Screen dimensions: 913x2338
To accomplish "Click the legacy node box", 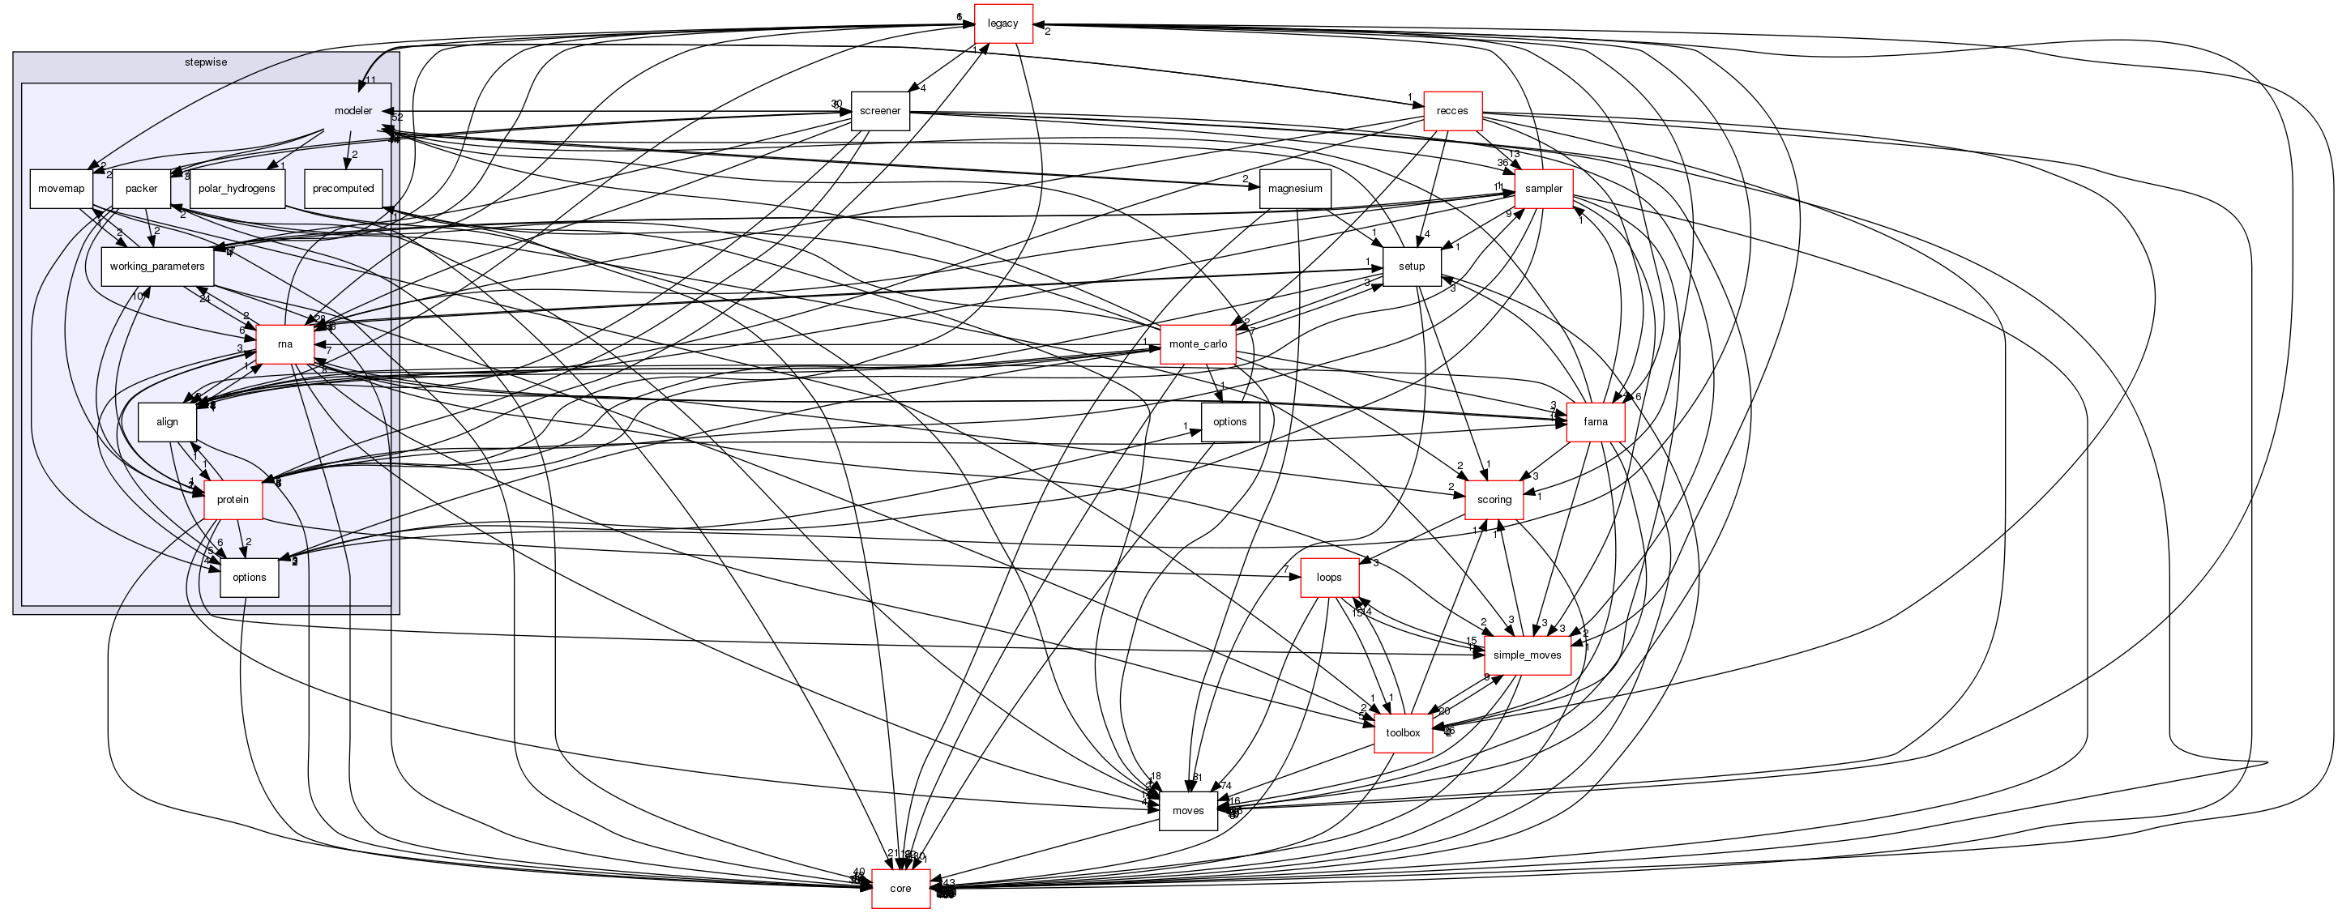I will (x=1003, y=23).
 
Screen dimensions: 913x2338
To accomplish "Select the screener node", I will (x=879, y=111).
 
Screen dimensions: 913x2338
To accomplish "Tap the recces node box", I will (x=1452, y=111).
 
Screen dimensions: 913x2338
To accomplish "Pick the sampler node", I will (x=1543, y=189).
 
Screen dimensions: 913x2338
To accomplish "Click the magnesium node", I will (x=1294, y=189).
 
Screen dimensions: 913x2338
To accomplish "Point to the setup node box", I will (x=1412, y=267).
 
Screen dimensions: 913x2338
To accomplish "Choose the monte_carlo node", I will (x=1197, y=344).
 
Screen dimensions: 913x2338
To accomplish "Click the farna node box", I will (x=1595, y=422).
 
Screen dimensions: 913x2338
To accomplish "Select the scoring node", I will (x=1493, y=500).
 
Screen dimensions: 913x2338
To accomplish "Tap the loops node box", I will (x=1329, y=577).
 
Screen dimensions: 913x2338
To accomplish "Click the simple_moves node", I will (x=1527, y=655).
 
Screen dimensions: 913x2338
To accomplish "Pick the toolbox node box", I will (x=1402, y=733).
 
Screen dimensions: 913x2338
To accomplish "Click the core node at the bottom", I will (x=900, y=889).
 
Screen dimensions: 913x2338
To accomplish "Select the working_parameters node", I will (x=157, y=267).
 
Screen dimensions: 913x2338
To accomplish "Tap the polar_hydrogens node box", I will (x=236, y=189).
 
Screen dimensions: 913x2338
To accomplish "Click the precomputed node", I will (x=343, y=189).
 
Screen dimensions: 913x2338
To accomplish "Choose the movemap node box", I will (x=61, y=189).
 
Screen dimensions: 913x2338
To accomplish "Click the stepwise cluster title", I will (x=205, y=62).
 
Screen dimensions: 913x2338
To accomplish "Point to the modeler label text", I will (x=353, y=111).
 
